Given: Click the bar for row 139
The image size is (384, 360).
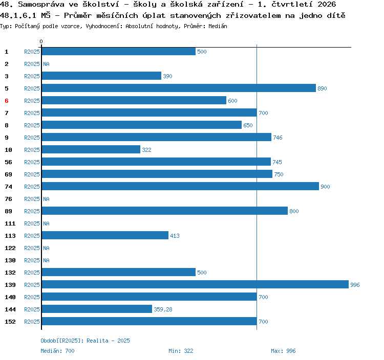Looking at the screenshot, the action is coord(195,284).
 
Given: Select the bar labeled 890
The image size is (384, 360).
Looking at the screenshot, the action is coord(179,88).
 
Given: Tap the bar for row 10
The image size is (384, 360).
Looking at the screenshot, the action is coord(91,149).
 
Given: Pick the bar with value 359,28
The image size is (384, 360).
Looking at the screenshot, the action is coord(97,309).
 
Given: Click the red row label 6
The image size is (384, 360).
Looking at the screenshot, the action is coord(7,101).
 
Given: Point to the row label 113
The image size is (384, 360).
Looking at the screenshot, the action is coord(10,236).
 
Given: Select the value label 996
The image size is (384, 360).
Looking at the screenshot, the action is coord(355,285).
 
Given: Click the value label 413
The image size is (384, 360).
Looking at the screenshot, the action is coord(175,236).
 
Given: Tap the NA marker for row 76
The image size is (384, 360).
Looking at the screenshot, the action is coord(46,199).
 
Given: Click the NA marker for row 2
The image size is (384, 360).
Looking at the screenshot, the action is coord(46,64).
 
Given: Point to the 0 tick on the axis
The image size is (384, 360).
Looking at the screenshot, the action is coord(41,41).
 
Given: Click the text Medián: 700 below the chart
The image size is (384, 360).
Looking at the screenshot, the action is coord(57,351).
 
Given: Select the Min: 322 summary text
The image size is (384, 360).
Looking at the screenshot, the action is coord(181,351).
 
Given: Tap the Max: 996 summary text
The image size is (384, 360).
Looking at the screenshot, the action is coord(283,351).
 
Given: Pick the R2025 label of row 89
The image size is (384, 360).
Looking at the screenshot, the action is coord(32,211).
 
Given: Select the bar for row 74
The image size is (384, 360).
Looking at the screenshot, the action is coord(180,186).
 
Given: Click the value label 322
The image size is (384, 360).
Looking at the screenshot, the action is coord(147,150).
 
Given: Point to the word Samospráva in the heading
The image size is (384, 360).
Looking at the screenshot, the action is coord(41,5).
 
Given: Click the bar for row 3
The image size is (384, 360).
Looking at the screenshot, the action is coord(101,76).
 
